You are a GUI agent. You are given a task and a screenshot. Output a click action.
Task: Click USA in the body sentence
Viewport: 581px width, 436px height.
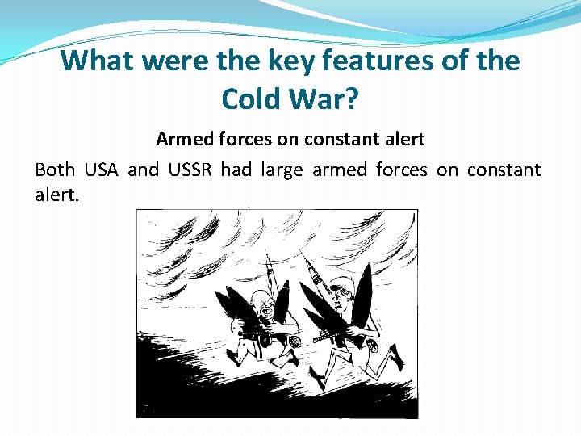coord(101,170)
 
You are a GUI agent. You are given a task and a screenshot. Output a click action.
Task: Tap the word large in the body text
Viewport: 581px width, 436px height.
coord(280,170)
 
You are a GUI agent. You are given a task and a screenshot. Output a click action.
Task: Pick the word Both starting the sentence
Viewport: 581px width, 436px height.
coord(55,170)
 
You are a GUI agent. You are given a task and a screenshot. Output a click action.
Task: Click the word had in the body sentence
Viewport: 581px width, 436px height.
coord(236,170)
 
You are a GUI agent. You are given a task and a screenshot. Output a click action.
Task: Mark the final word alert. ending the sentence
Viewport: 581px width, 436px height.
coord(57,195)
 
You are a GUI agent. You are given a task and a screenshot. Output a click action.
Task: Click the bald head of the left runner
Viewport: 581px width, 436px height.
coord(261,300)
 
